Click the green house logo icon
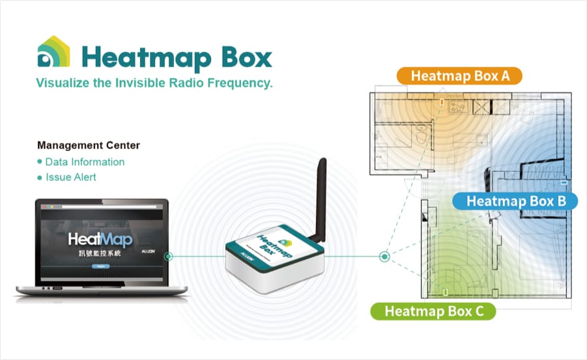tap(54, 53)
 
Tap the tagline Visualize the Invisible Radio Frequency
tap(154, 83)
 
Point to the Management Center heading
tap(89, 145)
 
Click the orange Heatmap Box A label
tap(459, 76)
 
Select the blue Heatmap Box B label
tap(515, 201)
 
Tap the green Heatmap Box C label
tap(434, 311)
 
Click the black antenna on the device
tap(320, 195)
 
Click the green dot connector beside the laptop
tap(169, 256)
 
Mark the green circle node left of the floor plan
tap(385, 256)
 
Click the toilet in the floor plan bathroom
tap(420, 138)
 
